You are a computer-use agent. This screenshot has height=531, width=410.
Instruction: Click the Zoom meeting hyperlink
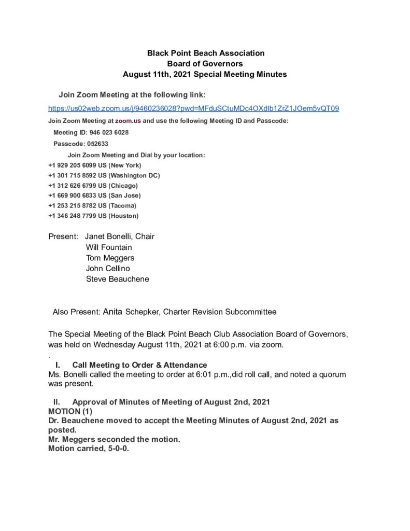tap(193, 108)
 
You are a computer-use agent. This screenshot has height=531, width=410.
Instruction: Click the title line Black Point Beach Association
tap(206, 53)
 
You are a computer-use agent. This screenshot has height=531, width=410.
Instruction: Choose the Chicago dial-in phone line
tap(92, 185)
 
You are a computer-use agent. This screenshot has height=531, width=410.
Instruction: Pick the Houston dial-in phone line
tap(93, 215)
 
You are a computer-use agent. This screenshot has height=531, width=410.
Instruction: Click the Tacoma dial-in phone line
tap(93, 205)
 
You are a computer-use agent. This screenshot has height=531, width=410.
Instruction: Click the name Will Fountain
tap(109, 247)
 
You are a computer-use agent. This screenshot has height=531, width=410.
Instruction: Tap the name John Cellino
tap(108, 269)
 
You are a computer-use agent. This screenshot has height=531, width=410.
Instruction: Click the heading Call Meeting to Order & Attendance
tap(139, 365)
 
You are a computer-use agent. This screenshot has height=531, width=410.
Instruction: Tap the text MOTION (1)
tap(69, 411)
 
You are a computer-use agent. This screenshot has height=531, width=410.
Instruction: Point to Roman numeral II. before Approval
tap(58, 402)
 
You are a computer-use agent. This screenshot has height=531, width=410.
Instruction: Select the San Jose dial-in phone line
tap(94, 195)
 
